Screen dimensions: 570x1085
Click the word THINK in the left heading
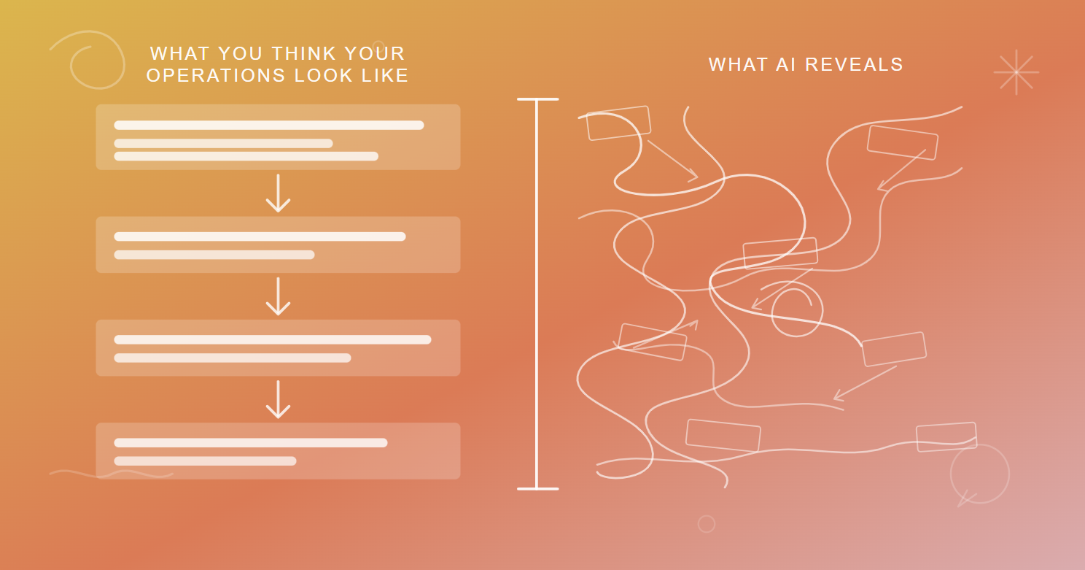tap(301, 54)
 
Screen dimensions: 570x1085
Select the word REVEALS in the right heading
tap(854, 65)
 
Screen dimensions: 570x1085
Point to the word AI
tap(786, 65)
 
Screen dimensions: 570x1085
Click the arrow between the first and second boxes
tap(278, 194)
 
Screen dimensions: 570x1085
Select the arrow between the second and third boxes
tap(278, 297)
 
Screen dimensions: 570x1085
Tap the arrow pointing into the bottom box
tap(278, 400)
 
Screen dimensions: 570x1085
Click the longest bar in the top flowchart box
tap(268, 126)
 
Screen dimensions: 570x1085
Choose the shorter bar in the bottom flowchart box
tap(205, 461)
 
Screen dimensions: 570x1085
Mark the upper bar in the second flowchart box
tap(260, 236)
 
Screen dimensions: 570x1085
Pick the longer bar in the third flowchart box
tap(272, 339)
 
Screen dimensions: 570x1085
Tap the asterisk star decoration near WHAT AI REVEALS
tap(1016, 72)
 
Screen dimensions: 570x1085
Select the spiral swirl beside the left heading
tap(91, 61)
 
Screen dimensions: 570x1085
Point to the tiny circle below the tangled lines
tap(706, 524)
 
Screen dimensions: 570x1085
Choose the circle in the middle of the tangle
tap(797, 310)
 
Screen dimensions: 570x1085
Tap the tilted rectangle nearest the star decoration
tap(902, 142)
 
